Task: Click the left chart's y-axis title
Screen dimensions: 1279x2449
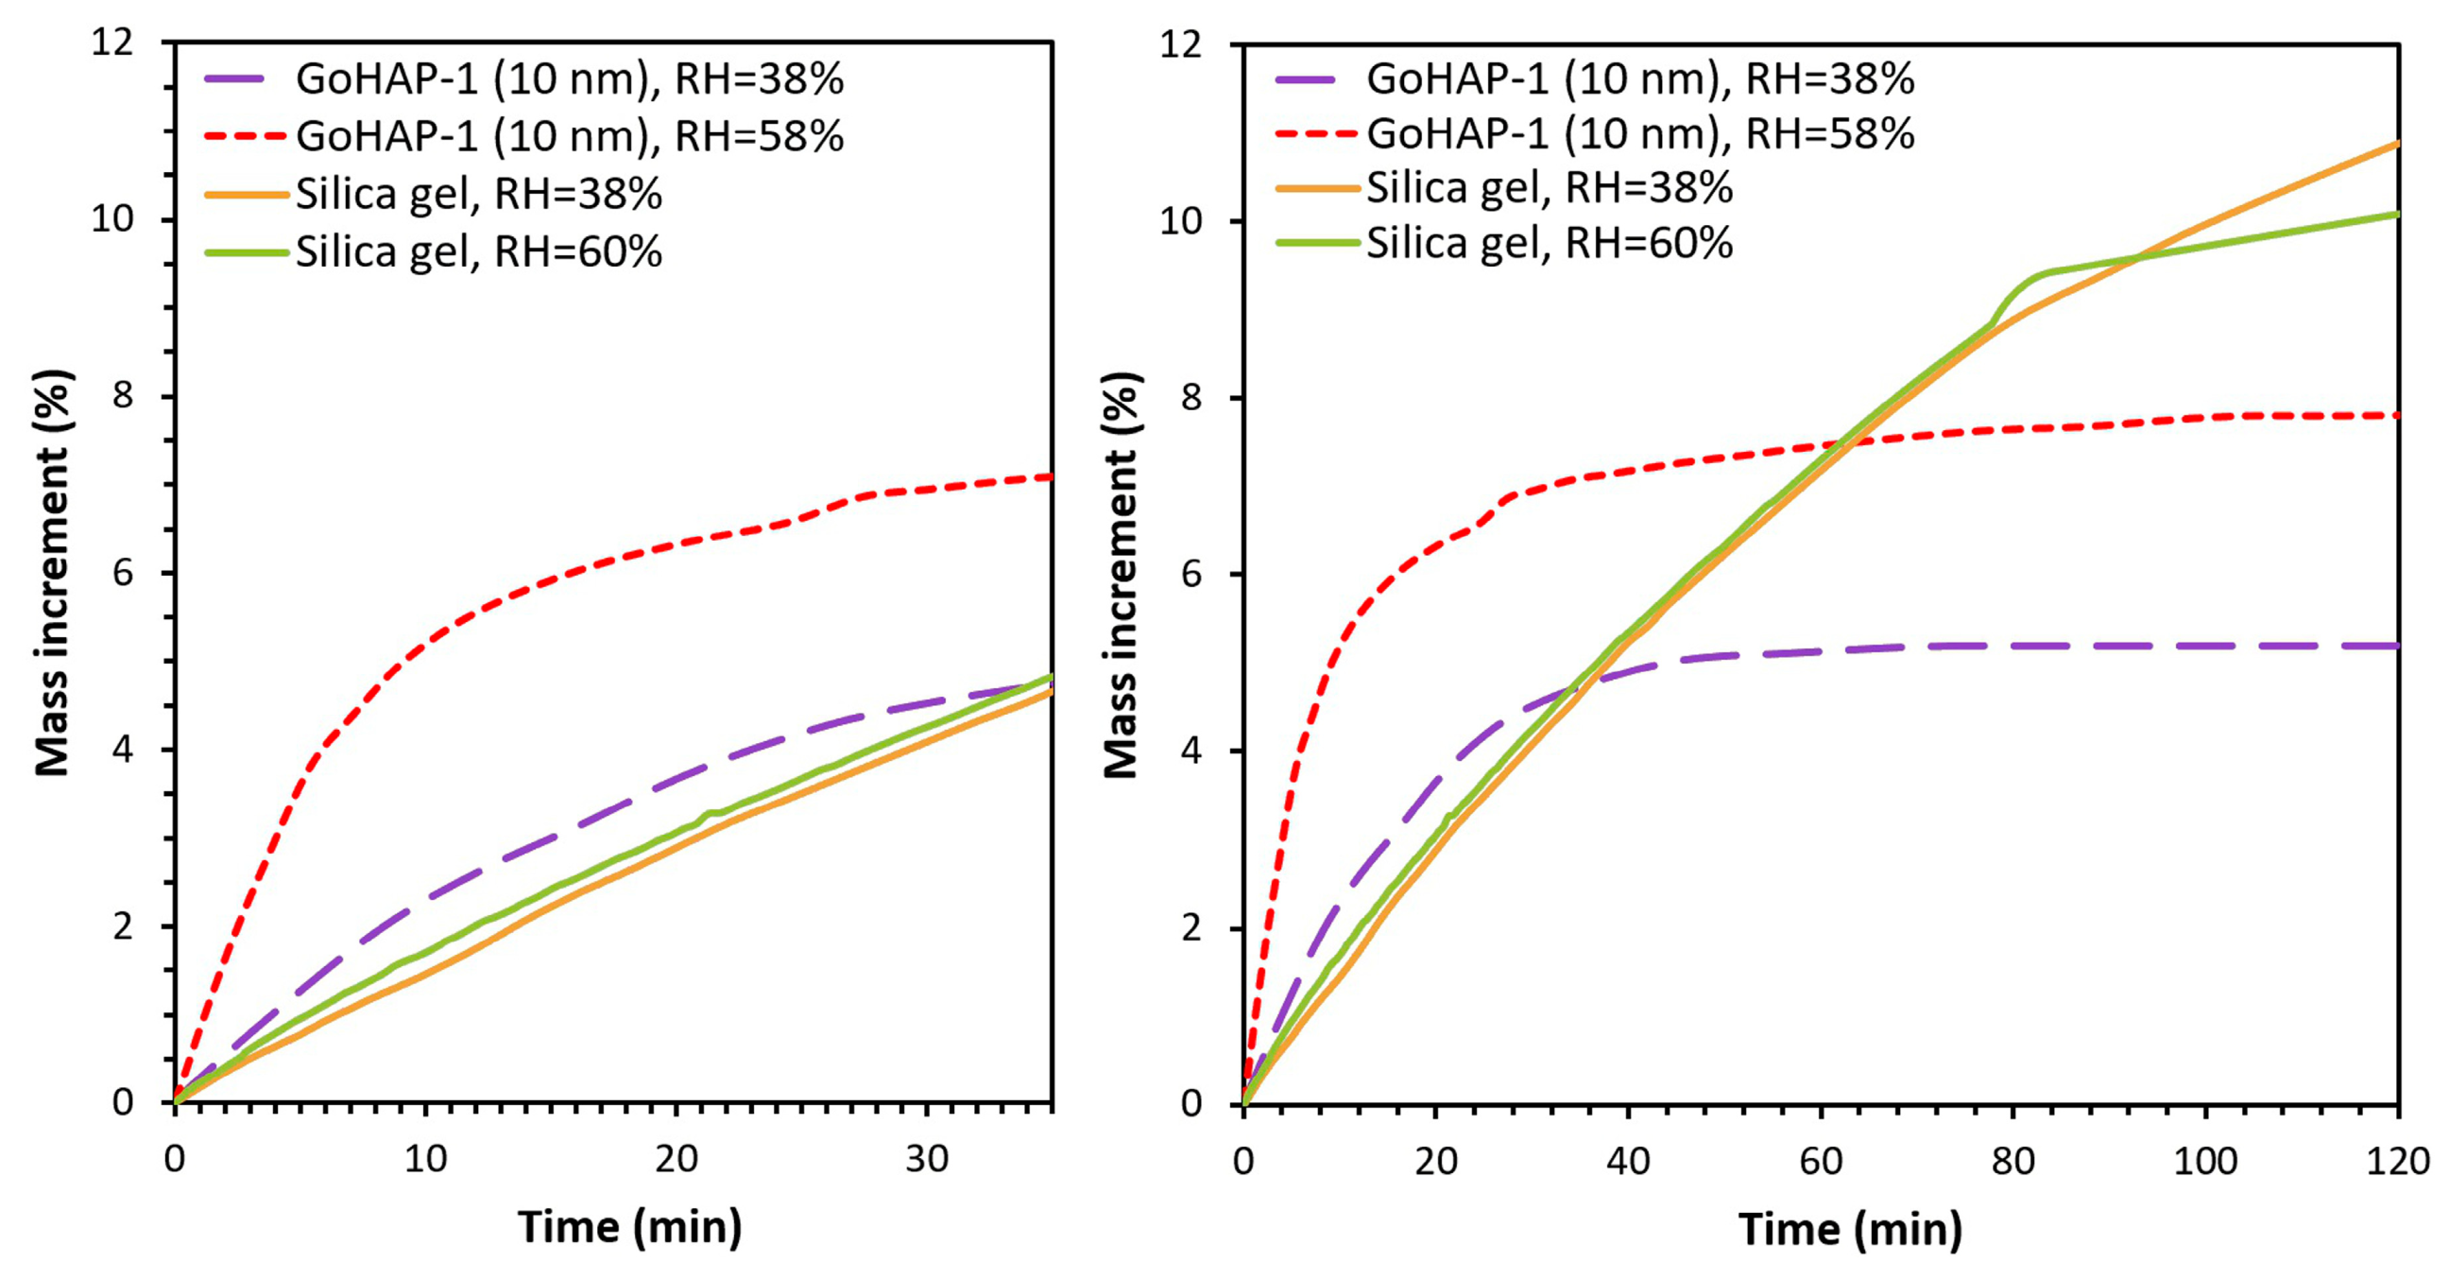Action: point(53,573)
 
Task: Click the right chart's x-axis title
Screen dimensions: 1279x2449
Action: point(1850,1229)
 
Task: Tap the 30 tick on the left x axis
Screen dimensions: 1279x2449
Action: point(926,1159)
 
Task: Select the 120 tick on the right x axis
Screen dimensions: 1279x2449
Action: point(2397,1161)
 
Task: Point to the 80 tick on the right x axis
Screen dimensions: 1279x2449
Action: point(2012,1161)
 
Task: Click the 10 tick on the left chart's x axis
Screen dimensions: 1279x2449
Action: point(425,1159)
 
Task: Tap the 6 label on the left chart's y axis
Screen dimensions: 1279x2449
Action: point(123,574)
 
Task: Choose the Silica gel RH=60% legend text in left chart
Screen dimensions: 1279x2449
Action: point(478,252)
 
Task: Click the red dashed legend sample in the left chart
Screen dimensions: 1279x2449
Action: point(246,137)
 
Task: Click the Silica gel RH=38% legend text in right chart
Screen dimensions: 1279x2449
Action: point(1550,188)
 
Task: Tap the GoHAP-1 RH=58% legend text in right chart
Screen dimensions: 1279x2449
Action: point(1640,134)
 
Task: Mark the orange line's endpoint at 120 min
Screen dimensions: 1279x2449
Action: point(2398,144)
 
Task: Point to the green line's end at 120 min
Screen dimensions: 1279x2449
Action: point(2398,214)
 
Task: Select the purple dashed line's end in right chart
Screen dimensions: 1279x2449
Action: point(2396,646)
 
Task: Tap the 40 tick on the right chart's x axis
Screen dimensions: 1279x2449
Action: point(1628,1161)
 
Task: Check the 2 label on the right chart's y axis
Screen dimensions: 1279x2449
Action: point(1190,928)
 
